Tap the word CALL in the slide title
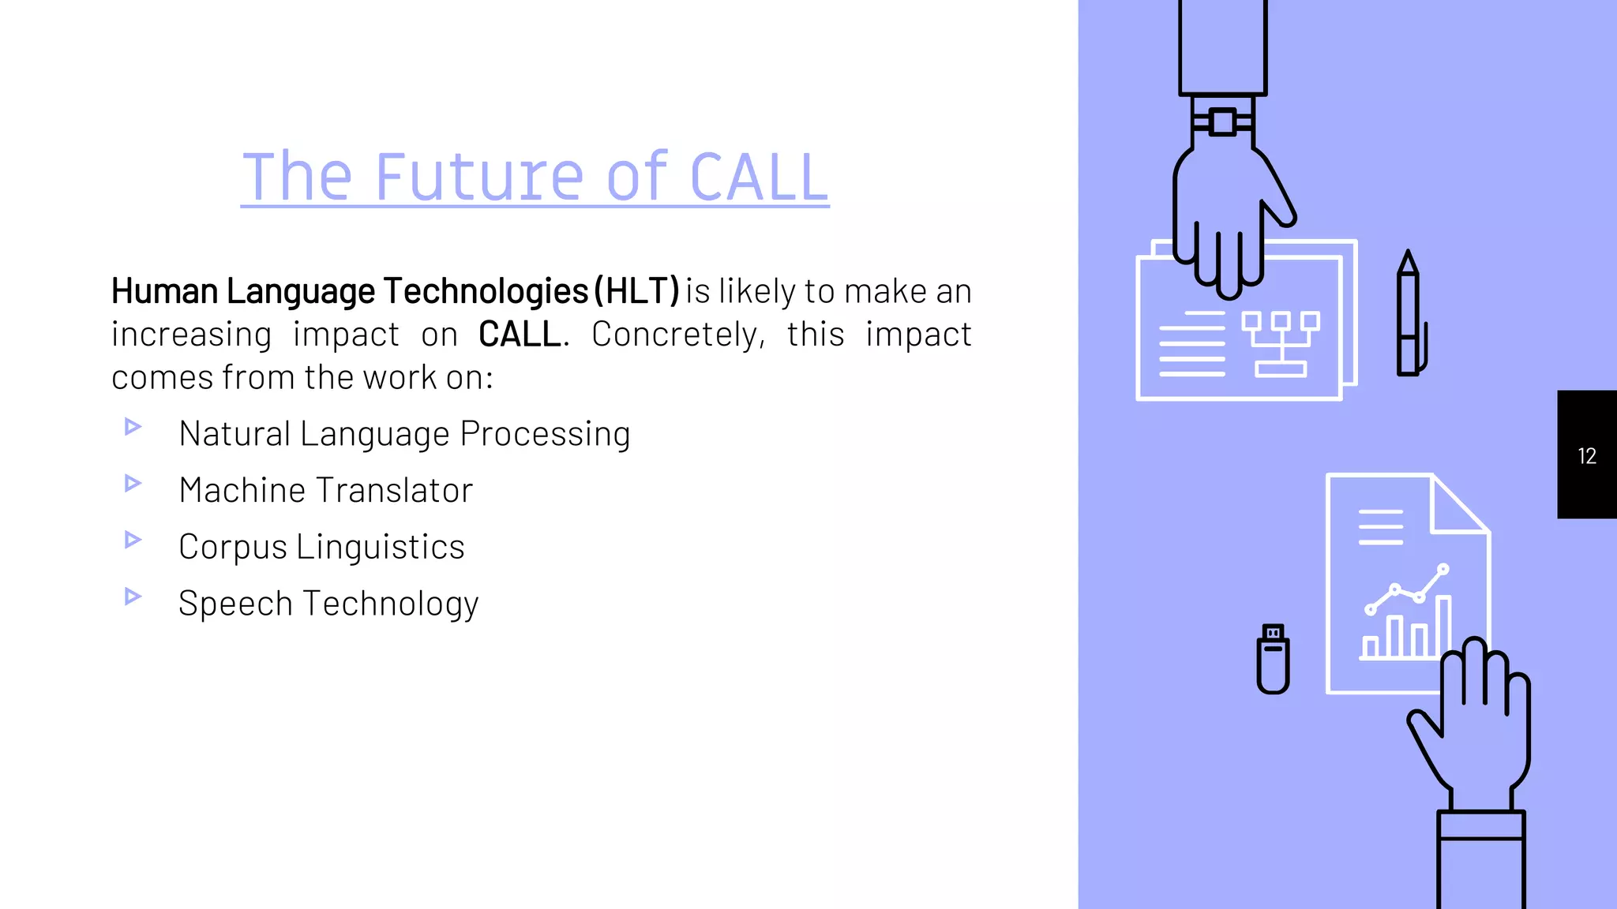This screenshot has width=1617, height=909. (758, 178)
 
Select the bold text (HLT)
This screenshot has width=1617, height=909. (636, 291)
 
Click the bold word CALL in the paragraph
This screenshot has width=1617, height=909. (520, 335)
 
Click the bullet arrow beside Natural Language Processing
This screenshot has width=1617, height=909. (133, 427)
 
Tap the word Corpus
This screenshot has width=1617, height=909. (233, 548)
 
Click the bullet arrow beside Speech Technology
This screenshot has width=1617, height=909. (133, 597)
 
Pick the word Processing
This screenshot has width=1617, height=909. (545, 434)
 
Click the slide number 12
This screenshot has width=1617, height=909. (1586, 456)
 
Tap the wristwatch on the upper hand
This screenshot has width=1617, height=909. (1222, 122)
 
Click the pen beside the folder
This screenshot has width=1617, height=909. (1409, 316)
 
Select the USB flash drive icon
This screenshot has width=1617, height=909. (1273, 660)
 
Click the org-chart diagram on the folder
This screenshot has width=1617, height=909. (1280, 343)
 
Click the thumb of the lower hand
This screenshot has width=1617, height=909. (1426, 730)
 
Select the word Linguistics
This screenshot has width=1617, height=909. (381, 547)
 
